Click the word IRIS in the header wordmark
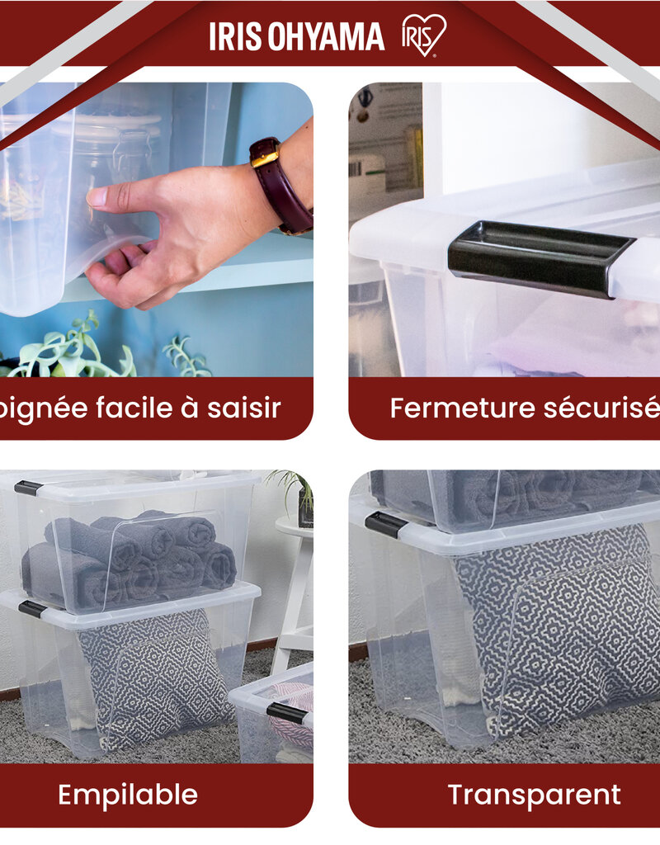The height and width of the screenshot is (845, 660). tap(234, 36)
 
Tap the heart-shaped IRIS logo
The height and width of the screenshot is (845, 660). tap(423, 35)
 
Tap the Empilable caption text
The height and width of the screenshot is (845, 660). tap(128, 795)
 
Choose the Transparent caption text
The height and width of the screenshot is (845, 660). tap(534, 795)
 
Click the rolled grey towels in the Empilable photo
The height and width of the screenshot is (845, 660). tap(132, 557)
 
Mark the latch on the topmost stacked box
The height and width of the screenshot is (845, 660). tap(28, 488)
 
